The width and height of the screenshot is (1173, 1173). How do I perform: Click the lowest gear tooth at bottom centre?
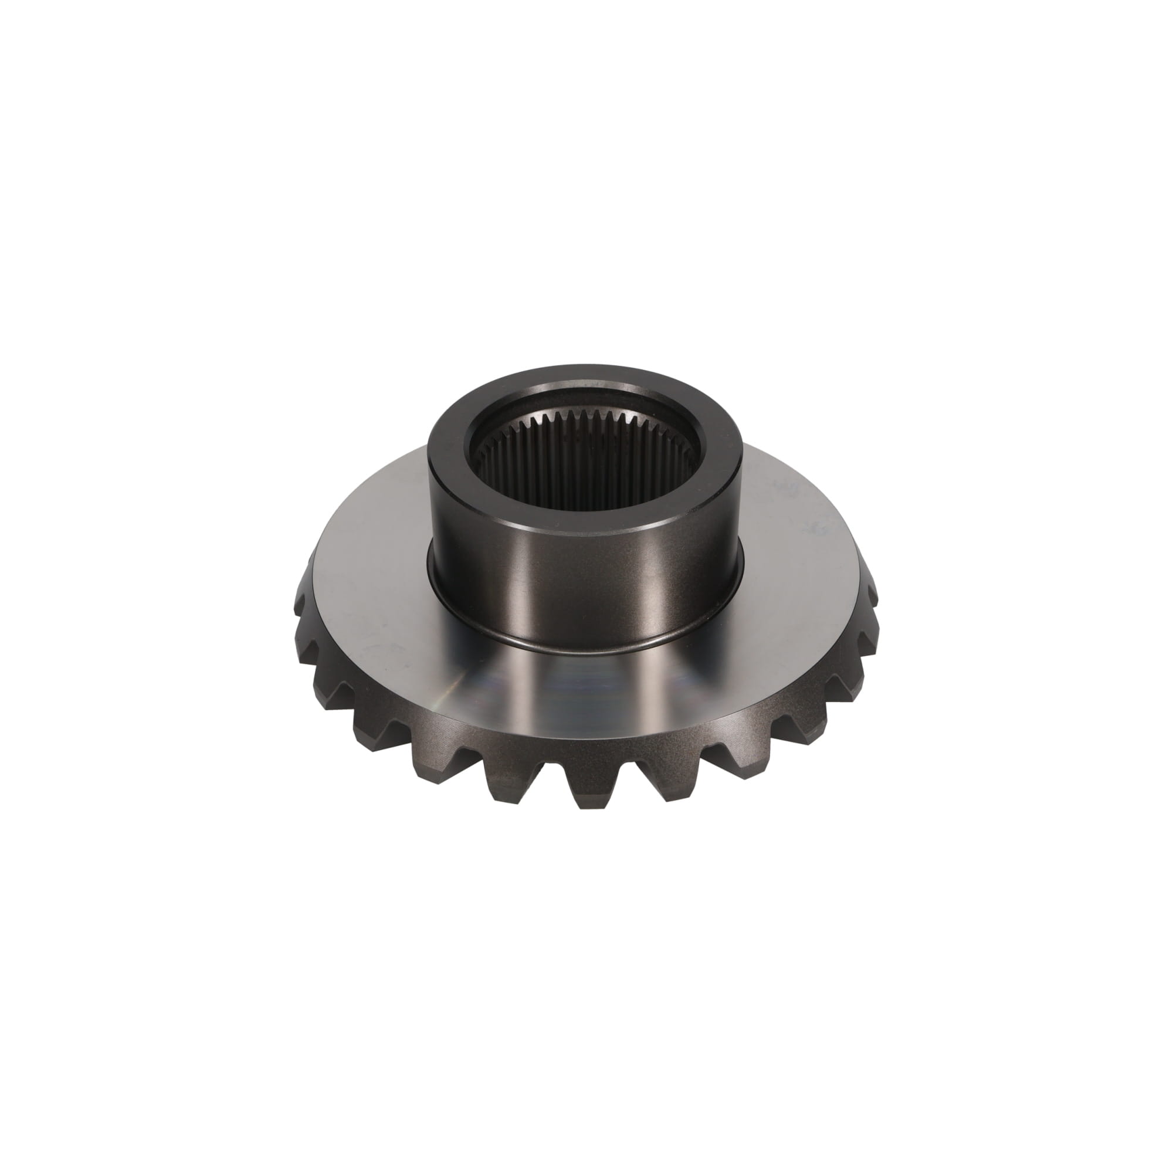click(584, 789)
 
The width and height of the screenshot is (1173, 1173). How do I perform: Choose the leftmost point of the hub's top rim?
click(430, 446)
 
